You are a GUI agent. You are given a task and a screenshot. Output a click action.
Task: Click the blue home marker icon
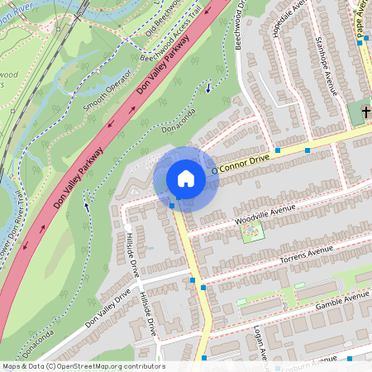[186, 179]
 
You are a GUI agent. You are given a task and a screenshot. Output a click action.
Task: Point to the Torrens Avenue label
[293, 258]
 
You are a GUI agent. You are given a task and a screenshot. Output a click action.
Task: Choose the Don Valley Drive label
[99, 308]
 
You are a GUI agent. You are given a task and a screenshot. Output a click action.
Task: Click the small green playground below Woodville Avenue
[251, 231]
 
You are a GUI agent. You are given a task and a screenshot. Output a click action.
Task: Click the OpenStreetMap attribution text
[83, 366]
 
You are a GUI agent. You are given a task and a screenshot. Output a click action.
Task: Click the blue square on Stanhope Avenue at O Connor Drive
[308, 150]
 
